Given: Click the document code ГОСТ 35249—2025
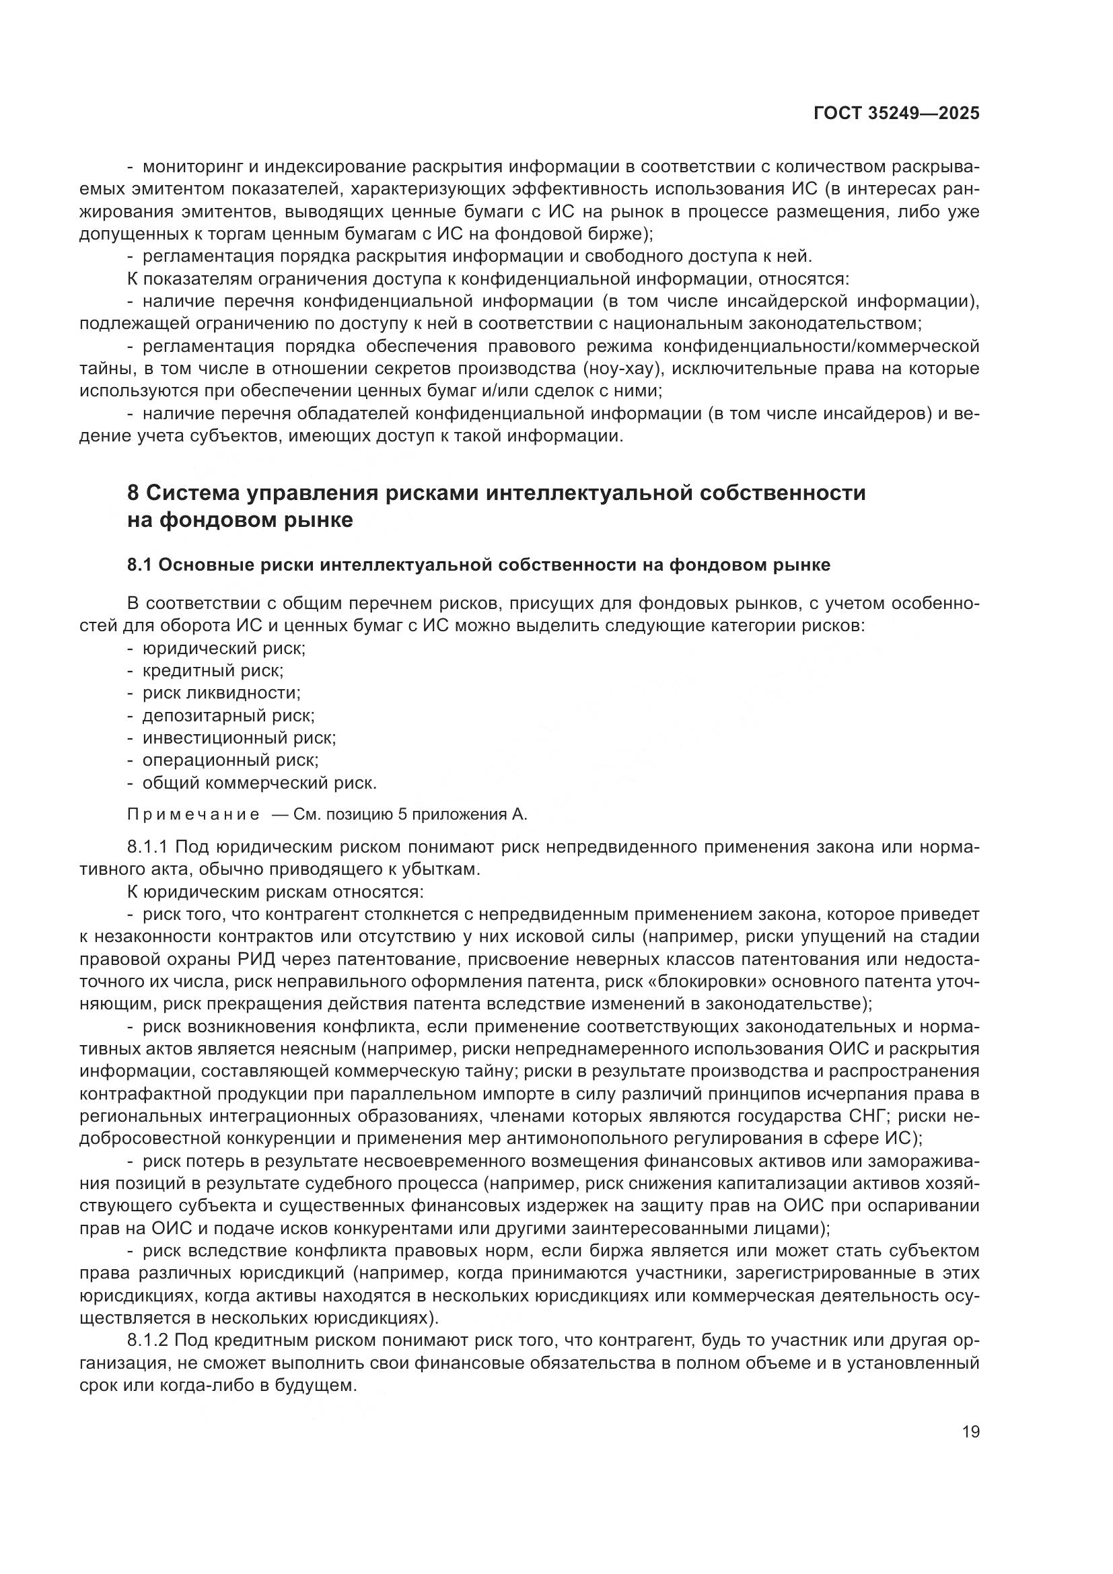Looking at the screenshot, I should pyautogui.click(x=896, y=114).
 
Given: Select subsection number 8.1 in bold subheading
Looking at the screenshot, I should pyautogui.click(x=140, y=565).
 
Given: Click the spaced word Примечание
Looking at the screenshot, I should pyautogui.click(x=193, y=814).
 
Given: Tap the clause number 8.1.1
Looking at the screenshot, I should pyautogui.click(x=147, y=847).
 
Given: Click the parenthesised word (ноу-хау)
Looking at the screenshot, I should pyautogui.click(x=623, y=369).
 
